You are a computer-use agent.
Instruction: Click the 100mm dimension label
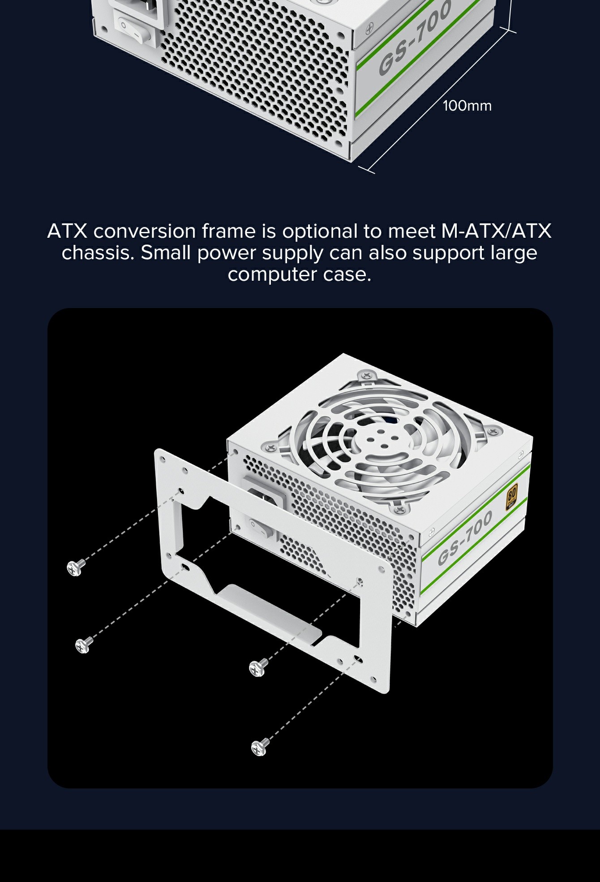point(467,106)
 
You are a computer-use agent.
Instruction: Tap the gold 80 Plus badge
point(511,497)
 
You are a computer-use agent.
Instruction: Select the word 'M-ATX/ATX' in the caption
point(496,231)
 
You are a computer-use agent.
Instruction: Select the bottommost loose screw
point(260,746)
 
